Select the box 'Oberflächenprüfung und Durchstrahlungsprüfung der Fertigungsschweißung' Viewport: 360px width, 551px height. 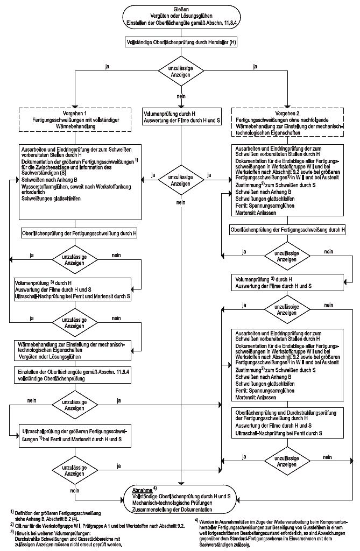pyautogui.click(x=288, y=421)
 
